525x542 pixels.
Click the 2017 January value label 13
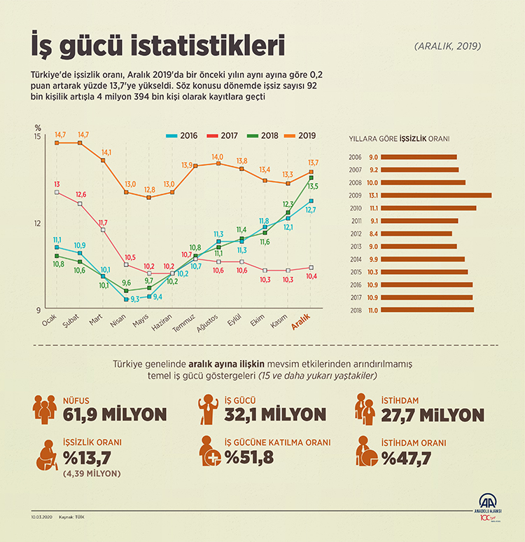tap(57, 184)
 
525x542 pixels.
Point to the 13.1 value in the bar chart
tap(373, 195)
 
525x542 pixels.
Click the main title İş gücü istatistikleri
tap(158, 46)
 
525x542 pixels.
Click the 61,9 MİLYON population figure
tap(113, 414)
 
